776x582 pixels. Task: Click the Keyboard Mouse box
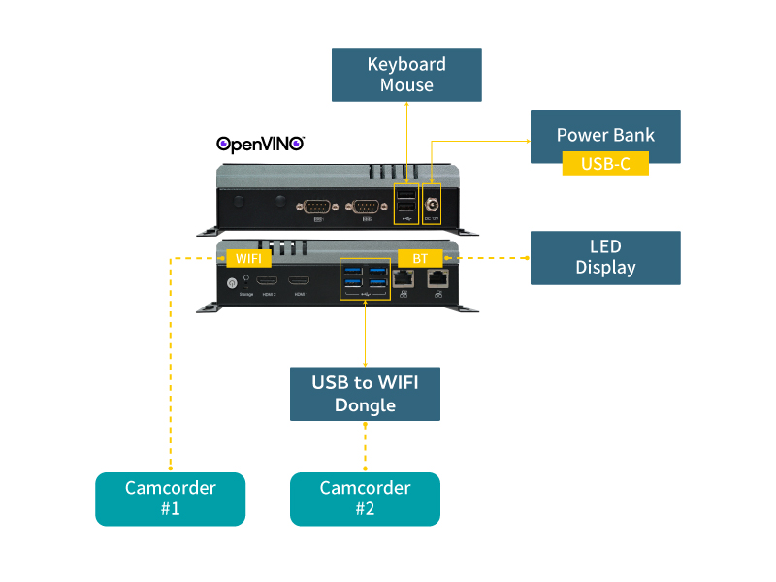(406, 75)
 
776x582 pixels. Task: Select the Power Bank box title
(605, 134)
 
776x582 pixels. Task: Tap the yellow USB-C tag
(605, 164)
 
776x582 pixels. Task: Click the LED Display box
(605, 257)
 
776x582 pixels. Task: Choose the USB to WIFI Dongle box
(365, 393)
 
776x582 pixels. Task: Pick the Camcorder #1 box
(170, 499)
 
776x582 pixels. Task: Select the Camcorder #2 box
(365, 499)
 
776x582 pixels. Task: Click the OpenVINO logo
(260, 144)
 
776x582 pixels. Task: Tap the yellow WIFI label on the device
(248, 258)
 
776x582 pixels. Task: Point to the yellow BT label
(420, 258)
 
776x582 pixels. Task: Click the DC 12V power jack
(432, 204)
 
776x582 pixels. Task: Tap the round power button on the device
(232, 283)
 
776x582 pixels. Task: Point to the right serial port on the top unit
(366, 206)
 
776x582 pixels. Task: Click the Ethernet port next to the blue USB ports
(404, 277)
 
